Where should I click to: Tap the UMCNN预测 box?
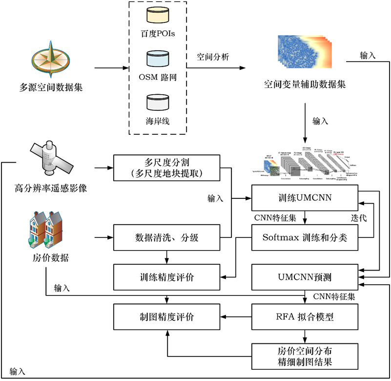(x=306, y=277)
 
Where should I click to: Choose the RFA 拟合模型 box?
(x=306, y=317)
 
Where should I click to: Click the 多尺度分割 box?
(x=166, y=168)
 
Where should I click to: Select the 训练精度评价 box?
(x=166, y=277)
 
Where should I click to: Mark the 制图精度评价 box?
(x=166, y=317)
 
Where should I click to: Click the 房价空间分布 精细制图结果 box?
(x=306, y=357)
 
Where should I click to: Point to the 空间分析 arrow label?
(x=213, y=57)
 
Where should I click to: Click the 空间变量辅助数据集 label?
(x=305, y=84)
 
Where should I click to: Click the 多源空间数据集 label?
(x=51, y=88)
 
